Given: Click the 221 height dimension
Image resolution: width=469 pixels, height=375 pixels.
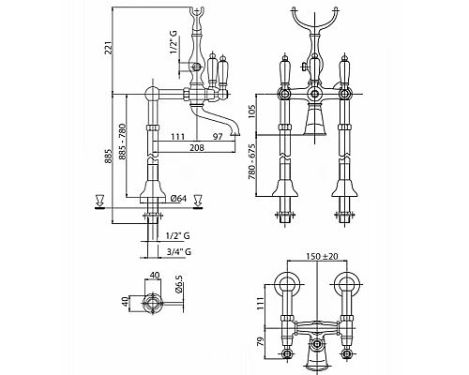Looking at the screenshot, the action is click(109, 47).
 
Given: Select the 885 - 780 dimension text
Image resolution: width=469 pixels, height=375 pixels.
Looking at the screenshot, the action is click(123, 142).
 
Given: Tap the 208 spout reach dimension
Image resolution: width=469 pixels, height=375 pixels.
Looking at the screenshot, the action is click(197, 147).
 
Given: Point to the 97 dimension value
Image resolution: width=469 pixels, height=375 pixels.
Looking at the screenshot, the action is click(218, 137).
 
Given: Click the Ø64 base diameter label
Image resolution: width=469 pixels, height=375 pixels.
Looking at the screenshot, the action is click(178, 199).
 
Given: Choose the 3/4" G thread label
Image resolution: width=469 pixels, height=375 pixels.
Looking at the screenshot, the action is click(179, 251).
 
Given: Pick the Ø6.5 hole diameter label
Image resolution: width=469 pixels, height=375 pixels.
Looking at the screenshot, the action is click(179, 284).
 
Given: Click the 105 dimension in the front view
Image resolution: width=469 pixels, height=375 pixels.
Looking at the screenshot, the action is click(252, 112).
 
